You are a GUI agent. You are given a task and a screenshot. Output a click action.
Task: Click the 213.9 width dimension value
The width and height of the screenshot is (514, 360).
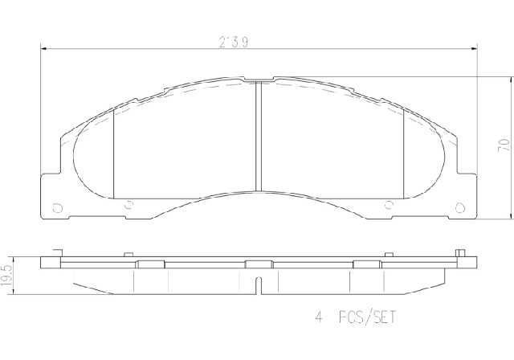tap(234, 43)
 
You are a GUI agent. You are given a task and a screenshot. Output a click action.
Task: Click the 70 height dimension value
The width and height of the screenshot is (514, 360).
tap(504, 145)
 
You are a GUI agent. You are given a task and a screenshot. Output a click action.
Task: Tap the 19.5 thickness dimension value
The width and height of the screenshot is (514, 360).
tap(6, 276)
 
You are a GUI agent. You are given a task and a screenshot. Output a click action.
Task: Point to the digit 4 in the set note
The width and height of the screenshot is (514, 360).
tap(318, 317)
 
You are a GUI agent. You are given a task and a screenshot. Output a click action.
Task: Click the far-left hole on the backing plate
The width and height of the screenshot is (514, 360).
tap(57, 208)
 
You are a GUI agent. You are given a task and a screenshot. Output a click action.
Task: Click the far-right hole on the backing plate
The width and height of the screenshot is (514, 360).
tap(460, 208)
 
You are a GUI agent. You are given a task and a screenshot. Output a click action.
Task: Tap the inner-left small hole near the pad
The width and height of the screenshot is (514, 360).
tap(128, 204)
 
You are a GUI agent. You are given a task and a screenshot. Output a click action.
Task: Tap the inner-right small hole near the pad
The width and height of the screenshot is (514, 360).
tap(389, 204)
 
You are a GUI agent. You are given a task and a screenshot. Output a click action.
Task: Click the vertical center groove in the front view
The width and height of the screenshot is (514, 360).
tap(259, 136)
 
